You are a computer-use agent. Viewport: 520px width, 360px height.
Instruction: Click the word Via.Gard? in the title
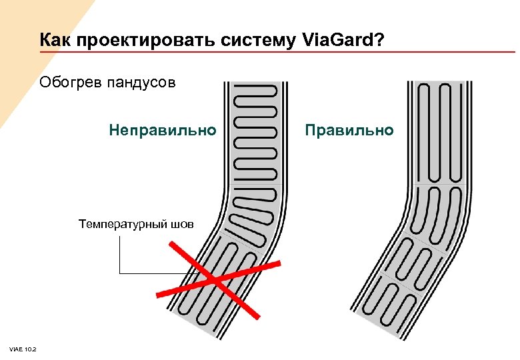point(343,41)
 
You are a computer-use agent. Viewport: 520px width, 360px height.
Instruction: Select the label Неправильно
point(163,129)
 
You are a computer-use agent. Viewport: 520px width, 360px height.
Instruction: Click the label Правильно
point(349,129)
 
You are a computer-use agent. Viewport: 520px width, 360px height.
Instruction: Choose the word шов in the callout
point(182,223)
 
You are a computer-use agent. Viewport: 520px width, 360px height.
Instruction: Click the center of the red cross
point(215,279)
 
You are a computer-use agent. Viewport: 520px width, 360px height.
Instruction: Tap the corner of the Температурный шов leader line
point(119,273)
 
